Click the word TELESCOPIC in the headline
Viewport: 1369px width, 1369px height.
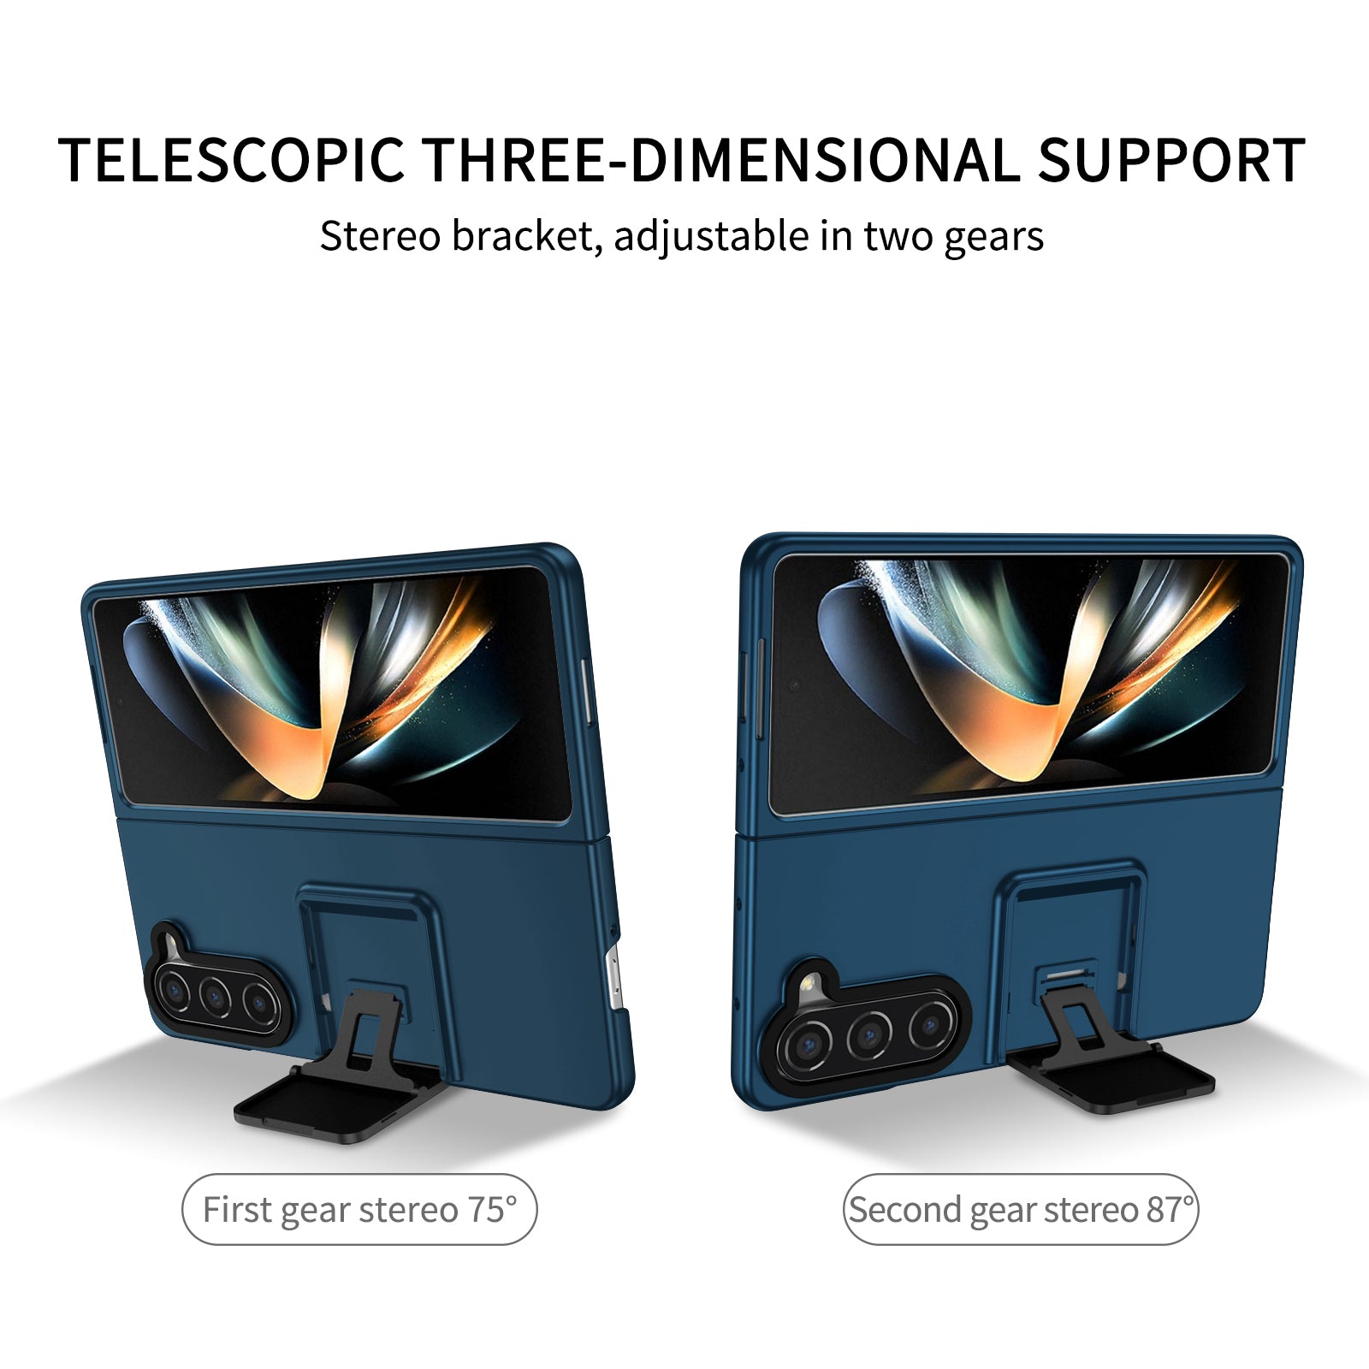click(x=232, y=161)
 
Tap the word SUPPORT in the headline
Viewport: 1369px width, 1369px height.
click(x=1171, y=161)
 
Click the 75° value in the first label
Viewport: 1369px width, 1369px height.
click(x=492, y=1209)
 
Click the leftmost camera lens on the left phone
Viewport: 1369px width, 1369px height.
click(x=175, y=990)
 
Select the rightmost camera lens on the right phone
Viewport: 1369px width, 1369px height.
click(x=930, y=1024)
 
